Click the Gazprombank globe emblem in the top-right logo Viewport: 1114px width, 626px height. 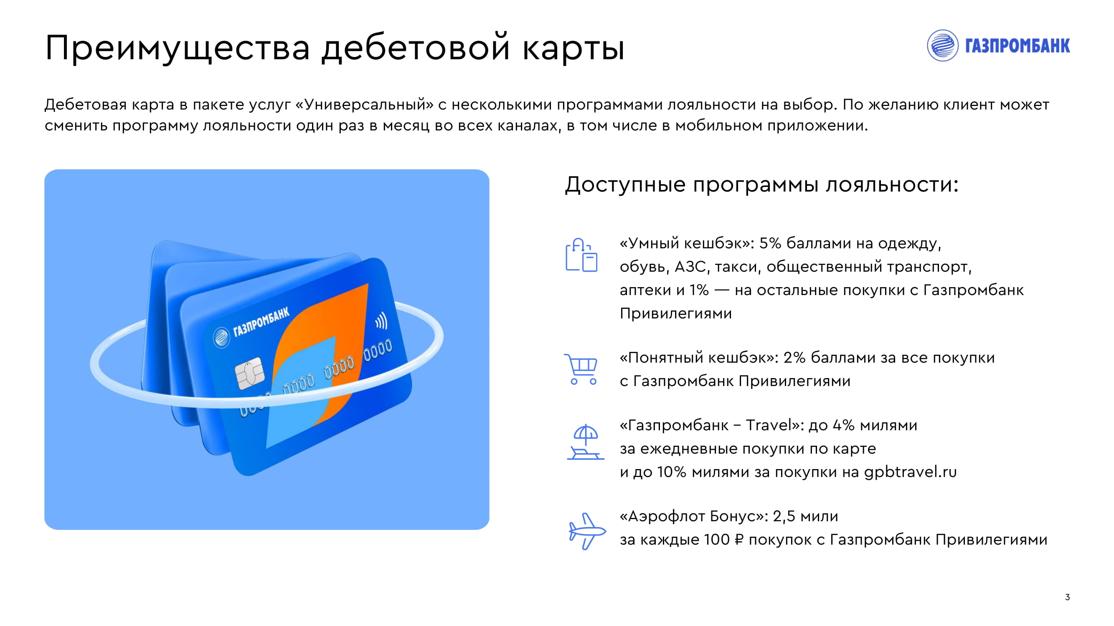(x=943, y=45)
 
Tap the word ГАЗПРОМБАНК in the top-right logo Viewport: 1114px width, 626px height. (x=1018, y=46)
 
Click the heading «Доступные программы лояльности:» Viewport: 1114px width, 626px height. (x=761, y=185)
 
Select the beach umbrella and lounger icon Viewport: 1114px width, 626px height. (x=585, y=442)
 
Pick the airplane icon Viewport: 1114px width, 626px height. (x=586, y=531)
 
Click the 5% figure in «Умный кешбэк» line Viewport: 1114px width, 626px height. (x=770, y=243)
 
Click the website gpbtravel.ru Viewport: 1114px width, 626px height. (x=910, y=472)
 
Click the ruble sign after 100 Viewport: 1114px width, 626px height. (x=739, y=540)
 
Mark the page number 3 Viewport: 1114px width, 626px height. (x=1067, y=597)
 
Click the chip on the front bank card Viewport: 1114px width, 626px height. (x=249, y=373)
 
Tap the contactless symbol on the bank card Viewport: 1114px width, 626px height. (x=381, y=321)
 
